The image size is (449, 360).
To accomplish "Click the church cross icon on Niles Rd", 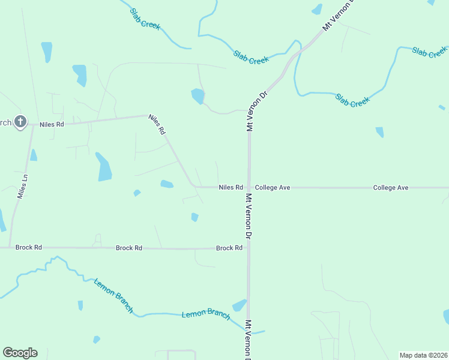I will pos(20,122).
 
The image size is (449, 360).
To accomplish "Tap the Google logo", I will pos(20,353).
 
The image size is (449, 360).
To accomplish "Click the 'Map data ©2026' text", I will pos(423,355).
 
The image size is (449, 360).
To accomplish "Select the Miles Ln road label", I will pos(23,187).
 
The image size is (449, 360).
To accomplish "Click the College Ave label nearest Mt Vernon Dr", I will pos(273,188).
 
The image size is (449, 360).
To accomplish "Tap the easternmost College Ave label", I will pos(391,188).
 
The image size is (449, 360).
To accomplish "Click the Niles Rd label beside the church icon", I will pos(52,124).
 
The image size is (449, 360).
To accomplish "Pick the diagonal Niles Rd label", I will pos(157,124).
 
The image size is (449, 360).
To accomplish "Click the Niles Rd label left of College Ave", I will pos(231,188).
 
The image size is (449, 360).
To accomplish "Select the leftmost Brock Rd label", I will pos(29,247).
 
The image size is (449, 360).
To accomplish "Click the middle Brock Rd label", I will pos(129,247).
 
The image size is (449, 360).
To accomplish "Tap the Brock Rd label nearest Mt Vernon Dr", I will pos(229,248).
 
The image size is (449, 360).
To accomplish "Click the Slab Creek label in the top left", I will pos(145,18).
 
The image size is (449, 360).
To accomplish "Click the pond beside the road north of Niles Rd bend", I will pos(197,96).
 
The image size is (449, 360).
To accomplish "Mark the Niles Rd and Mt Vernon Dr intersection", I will pos(249,187).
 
